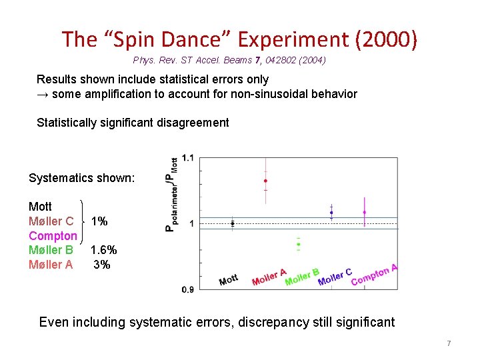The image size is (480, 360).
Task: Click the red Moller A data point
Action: click(x=265, y=181)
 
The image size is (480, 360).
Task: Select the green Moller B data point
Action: click(x=299, y=245)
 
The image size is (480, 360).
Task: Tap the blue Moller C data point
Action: click(x=331, y=213)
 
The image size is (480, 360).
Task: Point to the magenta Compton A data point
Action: click(x=364, y=213)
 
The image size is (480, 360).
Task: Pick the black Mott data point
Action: click(x=233, y=223)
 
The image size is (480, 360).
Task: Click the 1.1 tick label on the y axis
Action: click(x=187, y=158)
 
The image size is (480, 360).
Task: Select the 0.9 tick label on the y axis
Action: click(x=187, y=289)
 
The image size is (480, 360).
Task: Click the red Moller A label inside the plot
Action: click(x=269, y=277)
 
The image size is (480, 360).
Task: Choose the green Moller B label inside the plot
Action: click(x=302, y=276)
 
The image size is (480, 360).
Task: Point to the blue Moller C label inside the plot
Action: click(x=335, y=276)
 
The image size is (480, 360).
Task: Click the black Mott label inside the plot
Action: click(x=229, y=280)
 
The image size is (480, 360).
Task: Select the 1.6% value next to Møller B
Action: click(x=104, y=250)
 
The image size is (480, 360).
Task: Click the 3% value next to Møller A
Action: click(x=102, y=265)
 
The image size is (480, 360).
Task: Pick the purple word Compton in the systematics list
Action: click(x=53, y=235)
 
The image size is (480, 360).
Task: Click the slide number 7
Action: click(x=449, y=343)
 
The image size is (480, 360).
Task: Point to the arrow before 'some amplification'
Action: click(x=42, y=94)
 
